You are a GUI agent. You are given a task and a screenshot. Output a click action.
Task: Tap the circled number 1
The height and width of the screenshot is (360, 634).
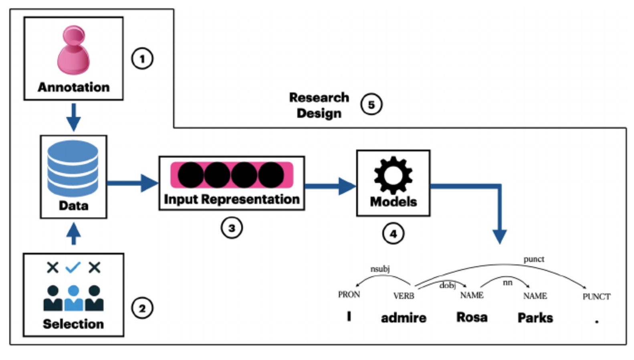pyautogui.click(x=142, y=59)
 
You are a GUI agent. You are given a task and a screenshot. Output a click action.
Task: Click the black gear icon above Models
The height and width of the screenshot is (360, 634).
pyautogui.click(x=393, y=175)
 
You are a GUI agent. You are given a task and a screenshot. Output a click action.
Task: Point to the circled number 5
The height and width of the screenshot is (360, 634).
pyautogui.click(x=371, y=105)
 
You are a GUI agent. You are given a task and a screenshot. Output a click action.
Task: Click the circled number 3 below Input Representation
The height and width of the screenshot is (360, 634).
pyautogui.click(x=232, y=228)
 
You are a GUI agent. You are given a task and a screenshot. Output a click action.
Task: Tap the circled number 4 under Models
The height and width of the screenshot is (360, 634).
pyautogui.click(x=393, y=233)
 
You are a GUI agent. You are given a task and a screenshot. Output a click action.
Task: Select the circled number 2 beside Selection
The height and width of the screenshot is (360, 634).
pyautogui.click(x=142, y=308)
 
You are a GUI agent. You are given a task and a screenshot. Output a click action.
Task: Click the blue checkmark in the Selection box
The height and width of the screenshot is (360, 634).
pyautogui.click(x=73, y=267)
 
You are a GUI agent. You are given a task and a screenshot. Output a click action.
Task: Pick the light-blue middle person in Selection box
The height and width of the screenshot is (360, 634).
pyautogui.click(x=73, y=298)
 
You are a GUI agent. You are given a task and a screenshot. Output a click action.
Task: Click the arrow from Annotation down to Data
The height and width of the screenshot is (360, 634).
pyautogui.click(x=73, y=117)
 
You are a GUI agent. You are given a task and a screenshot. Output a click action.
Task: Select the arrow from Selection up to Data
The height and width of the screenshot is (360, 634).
pyautogui.click(x=73, y=234)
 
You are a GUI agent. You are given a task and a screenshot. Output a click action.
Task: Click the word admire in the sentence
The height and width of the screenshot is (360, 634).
pyautogui.click(x=404, y=318)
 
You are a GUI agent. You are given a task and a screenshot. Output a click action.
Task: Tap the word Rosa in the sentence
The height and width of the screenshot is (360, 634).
pyautogui.click(x=472, y=317)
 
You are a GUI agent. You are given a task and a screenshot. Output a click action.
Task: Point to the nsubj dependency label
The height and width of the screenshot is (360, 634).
pyautogui.click(x=380, y=269)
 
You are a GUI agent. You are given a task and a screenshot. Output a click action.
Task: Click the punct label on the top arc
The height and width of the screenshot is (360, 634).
pyautogui.click(x=533, y=259)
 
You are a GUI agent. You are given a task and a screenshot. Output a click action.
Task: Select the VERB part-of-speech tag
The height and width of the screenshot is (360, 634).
pyautogui.click(x=404, y=296)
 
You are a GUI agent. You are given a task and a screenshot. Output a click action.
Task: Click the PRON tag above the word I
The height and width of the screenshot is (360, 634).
pyautogui.click(x=349, y=295)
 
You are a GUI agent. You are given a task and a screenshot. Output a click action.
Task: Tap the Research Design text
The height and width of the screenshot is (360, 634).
pyautogui.click(x=319, y=105)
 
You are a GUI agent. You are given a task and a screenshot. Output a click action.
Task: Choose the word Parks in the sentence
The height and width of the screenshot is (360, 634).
pyautogui.click(x=535, y=318)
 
